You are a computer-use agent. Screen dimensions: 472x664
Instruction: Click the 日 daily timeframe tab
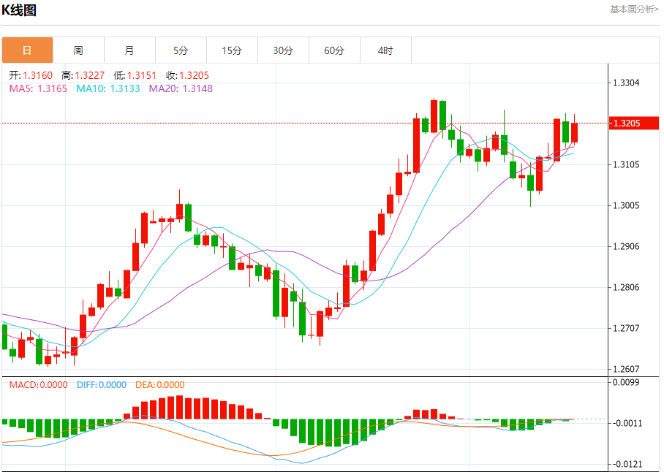[27, 50]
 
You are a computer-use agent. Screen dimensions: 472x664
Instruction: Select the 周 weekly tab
[78, 50]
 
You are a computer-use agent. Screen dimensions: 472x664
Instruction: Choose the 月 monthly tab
[129, 50]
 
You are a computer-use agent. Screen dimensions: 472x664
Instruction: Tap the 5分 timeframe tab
[181, 50]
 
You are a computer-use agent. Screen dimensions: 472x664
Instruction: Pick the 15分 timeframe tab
[232, 50]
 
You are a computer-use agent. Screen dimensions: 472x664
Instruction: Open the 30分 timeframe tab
[283, 50]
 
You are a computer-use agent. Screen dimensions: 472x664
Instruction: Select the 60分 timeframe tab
[334, 50]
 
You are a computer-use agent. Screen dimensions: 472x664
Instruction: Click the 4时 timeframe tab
[385, 50]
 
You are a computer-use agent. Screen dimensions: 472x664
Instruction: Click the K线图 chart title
[19, 10]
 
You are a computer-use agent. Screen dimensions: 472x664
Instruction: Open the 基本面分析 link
[633, 9]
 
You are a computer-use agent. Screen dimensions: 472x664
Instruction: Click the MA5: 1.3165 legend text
[38, 88]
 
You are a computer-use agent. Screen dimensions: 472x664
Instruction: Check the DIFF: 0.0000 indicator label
[101, 385]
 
